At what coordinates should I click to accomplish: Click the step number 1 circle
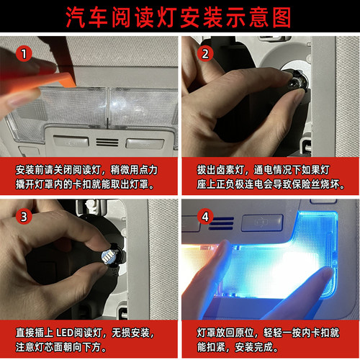pos(26,54)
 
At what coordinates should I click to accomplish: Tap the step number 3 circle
pos(24,216)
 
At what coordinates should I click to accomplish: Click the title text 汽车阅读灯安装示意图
pos(179,16)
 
